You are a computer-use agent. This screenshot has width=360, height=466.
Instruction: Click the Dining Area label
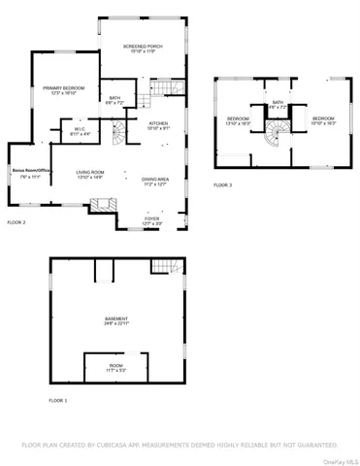tap(155, 181)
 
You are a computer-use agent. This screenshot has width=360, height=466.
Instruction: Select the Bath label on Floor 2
tap(115, 99)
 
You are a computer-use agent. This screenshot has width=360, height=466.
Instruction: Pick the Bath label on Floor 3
tap(278, 103)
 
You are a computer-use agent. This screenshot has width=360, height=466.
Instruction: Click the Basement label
tap(115, 321)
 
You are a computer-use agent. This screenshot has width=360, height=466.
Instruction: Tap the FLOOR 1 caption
tap(57, 400)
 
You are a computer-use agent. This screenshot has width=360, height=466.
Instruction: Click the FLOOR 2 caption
tap(16, 223)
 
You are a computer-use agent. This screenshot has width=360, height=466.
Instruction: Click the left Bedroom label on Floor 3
tap(238, 122)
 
